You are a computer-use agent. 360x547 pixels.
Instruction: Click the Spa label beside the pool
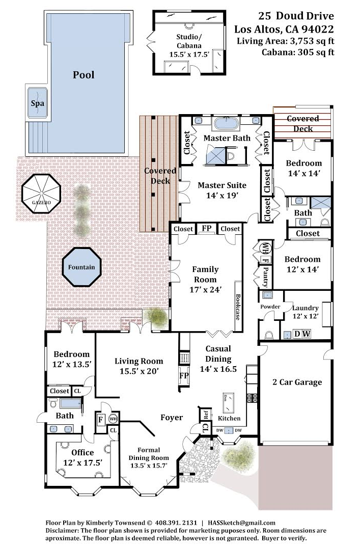(38, 103)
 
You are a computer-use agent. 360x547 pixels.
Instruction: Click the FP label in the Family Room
(207, 229)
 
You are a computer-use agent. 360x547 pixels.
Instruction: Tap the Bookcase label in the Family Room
(237, 307)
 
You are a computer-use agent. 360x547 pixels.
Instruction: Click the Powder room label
(270, 307)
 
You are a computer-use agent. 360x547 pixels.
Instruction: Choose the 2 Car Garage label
(297, 382)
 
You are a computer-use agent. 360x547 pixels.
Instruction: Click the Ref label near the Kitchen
(206, 414)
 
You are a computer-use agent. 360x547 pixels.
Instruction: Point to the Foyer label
(172, 418)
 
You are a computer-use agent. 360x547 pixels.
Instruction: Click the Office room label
(82, 452)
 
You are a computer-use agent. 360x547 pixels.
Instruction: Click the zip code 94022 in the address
(317, 29)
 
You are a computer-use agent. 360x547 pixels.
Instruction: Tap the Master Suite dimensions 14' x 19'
(222, 195)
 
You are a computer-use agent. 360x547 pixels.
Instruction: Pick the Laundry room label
(306, 308)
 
